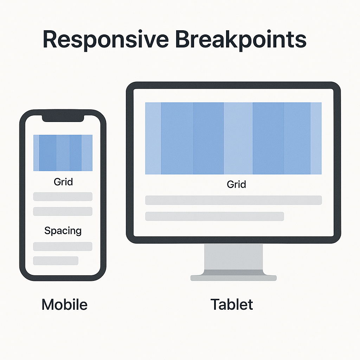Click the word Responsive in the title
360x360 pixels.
click(x=105, y=40)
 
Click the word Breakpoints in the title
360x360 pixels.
click(x=241, y=39)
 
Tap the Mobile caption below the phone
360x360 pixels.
click(x=65, y=304)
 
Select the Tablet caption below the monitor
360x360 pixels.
click(x=232, y=304)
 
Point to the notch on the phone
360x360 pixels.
click(x=63, y=118)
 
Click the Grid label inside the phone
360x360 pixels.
click(x=63, y=182)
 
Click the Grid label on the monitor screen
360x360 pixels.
click(x=237, y=184)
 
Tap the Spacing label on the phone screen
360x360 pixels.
click(x=63, y=231)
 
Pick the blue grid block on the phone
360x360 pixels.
click(x=63, y=153)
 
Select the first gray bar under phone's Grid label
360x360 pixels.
click(x=63, y=197)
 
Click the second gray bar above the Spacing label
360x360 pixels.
click(x=63, y=211)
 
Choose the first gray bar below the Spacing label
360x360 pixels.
click(x=63, y=246)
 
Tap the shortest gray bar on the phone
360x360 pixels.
click(x=56, y=261)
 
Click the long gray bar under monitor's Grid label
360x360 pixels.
click(x=233, y=200)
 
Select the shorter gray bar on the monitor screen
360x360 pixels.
click(x=215, y=217)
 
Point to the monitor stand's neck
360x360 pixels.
click(x=233, y=257)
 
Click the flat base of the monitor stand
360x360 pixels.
click(x=233, y=278)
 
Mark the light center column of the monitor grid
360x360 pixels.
click(x=238, y=139)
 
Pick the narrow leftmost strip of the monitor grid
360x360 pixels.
click(x=153, y=139)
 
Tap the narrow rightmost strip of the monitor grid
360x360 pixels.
click(x=316, y=139)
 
